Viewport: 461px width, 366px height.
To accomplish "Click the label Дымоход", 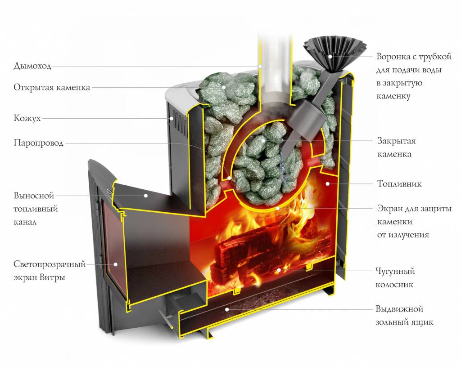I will [x=32, y=66].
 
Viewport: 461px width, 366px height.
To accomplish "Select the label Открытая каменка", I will [x=52, y=87].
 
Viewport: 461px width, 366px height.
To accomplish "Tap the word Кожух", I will [x=27, y=118].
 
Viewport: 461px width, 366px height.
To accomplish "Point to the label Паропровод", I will [x=38, y=143].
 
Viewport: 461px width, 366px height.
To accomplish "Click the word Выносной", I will [x=34, y=196].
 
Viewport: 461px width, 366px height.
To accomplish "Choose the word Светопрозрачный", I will [x=50, y=264].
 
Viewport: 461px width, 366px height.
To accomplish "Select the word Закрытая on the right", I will [x=396, y=141].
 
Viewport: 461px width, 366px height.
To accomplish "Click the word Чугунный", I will [x=395, y=272].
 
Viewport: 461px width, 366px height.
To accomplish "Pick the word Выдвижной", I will [x=399, y=309].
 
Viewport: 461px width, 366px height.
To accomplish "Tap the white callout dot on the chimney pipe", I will [x=260, y=66].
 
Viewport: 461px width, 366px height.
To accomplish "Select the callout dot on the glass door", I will [x=115, y=264].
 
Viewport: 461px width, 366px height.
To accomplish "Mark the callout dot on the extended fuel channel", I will [x=146, y=196].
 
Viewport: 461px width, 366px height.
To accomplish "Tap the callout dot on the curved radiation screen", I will [x=278, y=208].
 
